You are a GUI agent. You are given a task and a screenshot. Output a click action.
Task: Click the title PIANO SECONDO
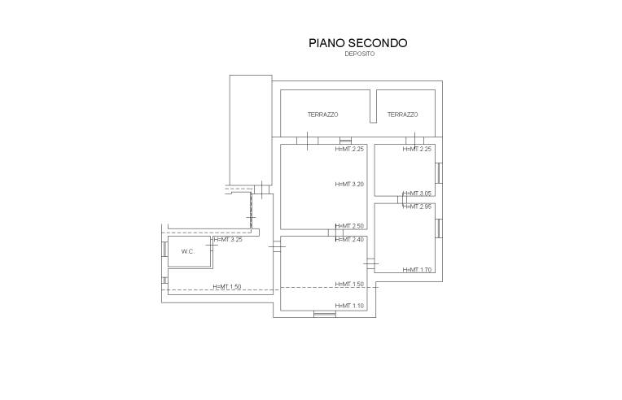pos(357,43)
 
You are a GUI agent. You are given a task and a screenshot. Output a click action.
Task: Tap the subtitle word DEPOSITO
pos(359,54)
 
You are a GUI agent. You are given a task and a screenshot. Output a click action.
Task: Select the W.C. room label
pos(188,251)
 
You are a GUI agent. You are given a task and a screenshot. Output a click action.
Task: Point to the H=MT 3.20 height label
pos(349,185)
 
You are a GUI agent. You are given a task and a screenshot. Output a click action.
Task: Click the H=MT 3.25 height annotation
pos(228,240)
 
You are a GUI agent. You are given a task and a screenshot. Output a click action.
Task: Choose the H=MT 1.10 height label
pos(349,306)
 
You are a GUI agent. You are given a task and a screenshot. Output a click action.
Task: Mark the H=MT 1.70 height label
pos(417,270)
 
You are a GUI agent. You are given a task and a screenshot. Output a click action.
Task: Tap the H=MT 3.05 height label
pos(417,193)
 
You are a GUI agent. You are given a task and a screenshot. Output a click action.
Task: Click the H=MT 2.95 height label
pos(417,207)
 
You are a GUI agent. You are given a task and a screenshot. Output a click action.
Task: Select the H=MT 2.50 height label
pos(349,226)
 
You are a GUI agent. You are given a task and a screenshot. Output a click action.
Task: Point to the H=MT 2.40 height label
pos(349,240)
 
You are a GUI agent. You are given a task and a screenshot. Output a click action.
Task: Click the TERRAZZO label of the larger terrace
pos(323,115)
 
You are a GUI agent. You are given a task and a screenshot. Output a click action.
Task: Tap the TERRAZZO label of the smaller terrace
pos(403,115)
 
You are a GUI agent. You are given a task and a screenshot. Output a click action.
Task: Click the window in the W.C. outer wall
pos(164,249)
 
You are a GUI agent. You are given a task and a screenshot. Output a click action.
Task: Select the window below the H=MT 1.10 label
pos(325,315)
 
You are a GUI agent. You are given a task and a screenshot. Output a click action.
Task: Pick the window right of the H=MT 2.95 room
pos(439,228)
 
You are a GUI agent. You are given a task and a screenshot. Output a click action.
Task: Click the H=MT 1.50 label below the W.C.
pos(227,287)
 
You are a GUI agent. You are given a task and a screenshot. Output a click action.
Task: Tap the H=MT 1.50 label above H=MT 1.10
pos(349,285)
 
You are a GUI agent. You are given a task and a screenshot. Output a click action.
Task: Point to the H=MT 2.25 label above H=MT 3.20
pos(349,150)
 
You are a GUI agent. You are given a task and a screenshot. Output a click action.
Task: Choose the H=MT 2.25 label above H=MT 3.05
pos(417,150)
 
